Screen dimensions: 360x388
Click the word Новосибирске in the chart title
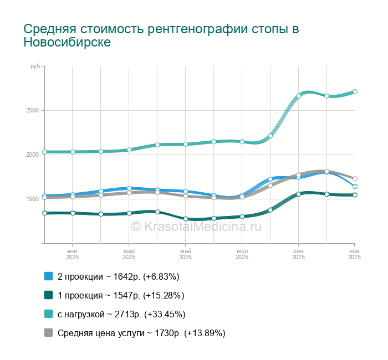(67, 43)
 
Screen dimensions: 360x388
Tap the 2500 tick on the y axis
(32, 110)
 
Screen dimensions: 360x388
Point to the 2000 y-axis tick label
(32, 155)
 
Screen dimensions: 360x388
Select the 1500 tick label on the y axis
(32, 199)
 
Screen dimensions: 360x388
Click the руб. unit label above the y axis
(35, 66)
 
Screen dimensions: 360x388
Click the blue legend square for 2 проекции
(48, 276)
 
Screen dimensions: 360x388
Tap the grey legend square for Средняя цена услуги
(48, 333)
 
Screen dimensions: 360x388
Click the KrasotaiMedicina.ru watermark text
(196, 226)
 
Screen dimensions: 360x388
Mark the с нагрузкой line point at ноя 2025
(355, 92)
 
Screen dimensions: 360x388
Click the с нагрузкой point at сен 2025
(298, 96)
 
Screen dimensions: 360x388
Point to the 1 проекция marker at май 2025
(185, 219)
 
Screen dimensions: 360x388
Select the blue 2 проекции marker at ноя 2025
(355, 186)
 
